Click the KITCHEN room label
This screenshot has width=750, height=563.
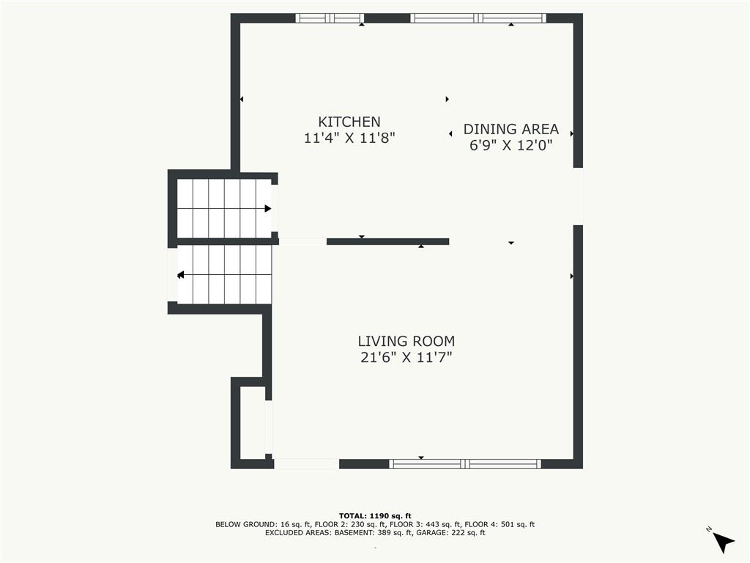[x=349, y=122]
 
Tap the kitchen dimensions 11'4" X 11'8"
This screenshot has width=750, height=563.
[x=349, y=137]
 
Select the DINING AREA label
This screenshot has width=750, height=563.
[x=510, y=129]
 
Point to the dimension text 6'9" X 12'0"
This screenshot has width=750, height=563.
[x=510, y=145]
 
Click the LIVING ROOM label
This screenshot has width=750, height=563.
[x=406, y=341]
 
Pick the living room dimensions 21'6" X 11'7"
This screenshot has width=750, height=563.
[x=406, y=357]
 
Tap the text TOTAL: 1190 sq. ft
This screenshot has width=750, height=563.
[x=375, y=515]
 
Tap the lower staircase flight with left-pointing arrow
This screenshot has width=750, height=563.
[x=223, y=274]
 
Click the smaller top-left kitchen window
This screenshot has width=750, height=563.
[x=330, y=18]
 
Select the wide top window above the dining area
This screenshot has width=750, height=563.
[x=478, y=18]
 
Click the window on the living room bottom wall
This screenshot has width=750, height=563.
[x=465, y=463]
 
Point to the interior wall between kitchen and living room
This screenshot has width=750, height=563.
[x=387, y=241]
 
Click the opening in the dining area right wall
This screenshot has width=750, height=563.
[x=578, y=196]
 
